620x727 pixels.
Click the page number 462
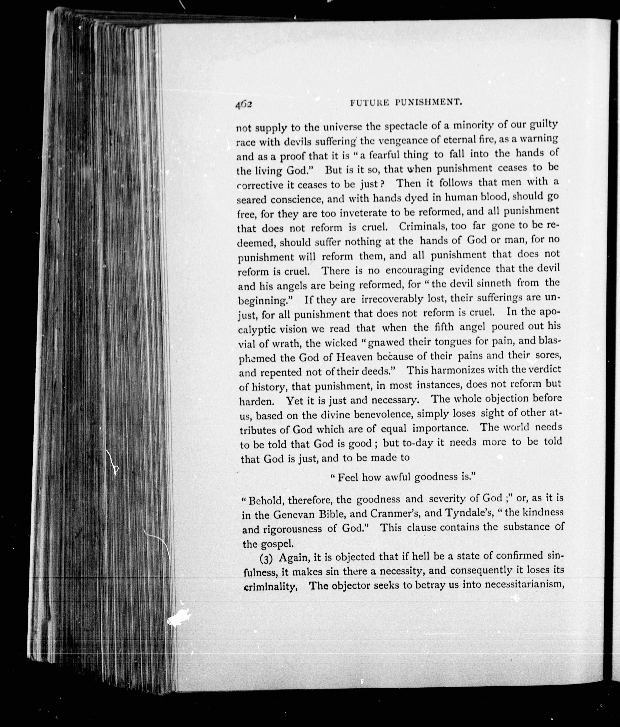point(244,104)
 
